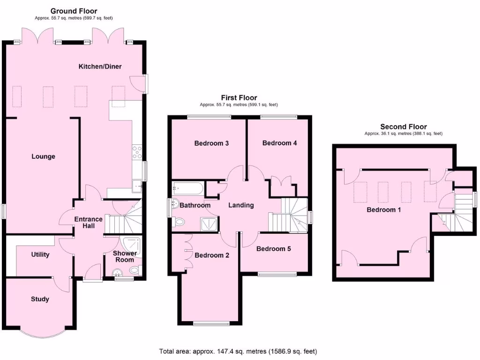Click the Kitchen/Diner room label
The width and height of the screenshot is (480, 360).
99,67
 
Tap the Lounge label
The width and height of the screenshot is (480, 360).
43,157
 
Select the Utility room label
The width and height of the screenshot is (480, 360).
40,255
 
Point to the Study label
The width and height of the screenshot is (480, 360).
40,299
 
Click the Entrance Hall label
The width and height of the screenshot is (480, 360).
88,223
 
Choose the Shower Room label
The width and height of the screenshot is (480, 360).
126,256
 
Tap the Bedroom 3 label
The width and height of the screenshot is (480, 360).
211,143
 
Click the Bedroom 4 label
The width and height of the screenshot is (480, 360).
279,143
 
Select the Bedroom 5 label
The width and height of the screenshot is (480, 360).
273,249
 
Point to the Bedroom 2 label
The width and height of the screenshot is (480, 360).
212,255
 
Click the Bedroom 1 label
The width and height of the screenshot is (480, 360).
383,210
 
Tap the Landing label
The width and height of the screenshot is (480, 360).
241,205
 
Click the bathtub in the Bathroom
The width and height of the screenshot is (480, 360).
187,189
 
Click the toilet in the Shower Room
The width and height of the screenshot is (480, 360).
135,270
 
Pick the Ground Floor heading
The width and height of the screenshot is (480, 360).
74,11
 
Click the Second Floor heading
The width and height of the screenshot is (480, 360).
403,127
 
